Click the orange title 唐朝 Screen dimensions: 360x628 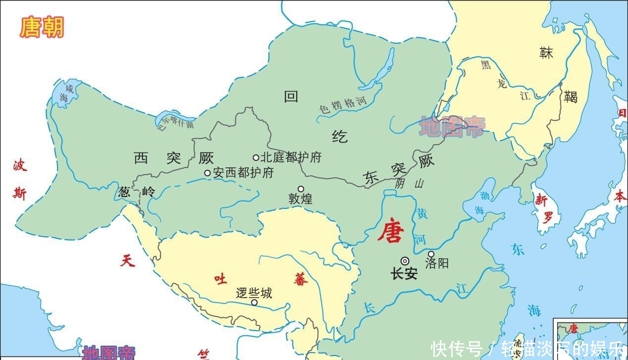42,27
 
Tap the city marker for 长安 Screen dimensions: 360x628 405,261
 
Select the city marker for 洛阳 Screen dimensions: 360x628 431,254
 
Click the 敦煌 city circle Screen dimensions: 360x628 301,189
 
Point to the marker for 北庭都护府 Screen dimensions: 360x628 256,157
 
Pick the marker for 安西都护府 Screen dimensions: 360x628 208,173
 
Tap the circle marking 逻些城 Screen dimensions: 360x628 254,302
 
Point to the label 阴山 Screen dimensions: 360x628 410,183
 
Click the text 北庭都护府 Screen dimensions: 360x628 291,157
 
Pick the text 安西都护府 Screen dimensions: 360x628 243,173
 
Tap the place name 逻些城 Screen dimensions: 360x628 254,293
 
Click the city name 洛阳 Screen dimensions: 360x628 437,263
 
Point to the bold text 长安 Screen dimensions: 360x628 404,273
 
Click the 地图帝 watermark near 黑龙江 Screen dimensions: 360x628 452,127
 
